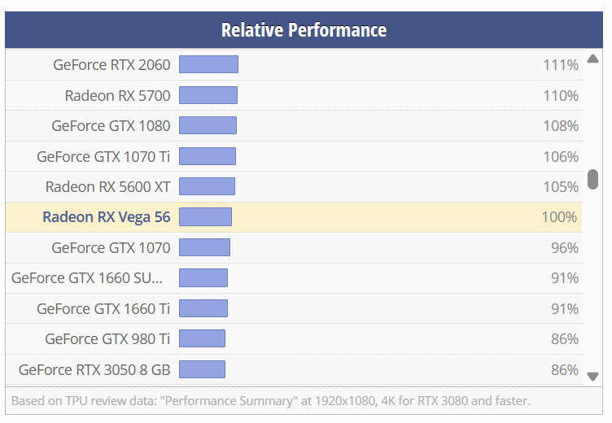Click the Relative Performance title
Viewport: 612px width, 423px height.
coord(304,31)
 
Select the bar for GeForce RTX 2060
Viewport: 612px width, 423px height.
coord(208,64)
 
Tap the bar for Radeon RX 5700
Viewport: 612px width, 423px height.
coord(208,95)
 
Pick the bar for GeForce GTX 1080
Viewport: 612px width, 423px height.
coord(208,125)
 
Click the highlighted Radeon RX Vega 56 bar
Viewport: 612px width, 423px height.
coord(205,216)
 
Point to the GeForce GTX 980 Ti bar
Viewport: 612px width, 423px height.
coord(202,338)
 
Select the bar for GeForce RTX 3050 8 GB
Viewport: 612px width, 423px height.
coord(202,369)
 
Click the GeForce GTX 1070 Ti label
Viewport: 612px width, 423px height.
coord(103,156)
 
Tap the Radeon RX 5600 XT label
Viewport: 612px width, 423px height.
coord(107,186)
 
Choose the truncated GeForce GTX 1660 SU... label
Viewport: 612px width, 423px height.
coord(87,278)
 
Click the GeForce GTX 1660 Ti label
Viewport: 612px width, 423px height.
coord(103,308)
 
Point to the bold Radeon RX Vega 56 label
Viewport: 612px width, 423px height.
coord(106,217)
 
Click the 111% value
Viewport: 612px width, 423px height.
coord(561,65)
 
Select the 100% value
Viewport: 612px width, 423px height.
coord(560,217)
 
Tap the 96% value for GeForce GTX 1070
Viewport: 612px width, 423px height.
coord(564,247)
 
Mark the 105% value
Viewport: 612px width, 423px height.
coord(561,186)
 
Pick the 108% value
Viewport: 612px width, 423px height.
coord(561,126)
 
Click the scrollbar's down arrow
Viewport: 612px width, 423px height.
coord(593,375)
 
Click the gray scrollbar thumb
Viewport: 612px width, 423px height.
coord(593,179)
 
